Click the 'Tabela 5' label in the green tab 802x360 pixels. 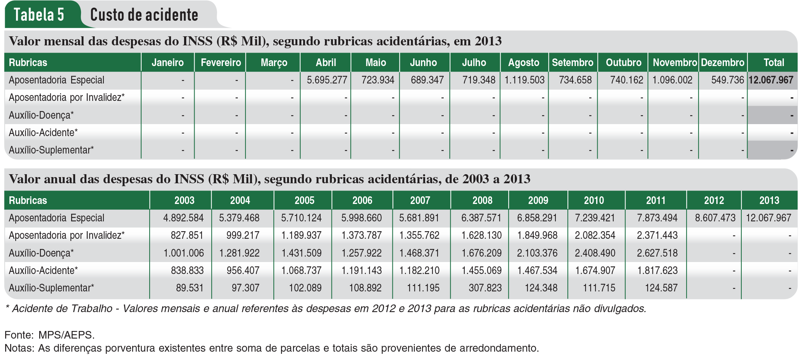pyautogui.click(x=39, y=15)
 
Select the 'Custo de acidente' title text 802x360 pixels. pyautogui.click(x=144, y=15)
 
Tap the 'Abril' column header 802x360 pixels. pyautogui.click(x=326, y=62)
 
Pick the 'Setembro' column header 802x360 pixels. pyautogui.click(x=573, y=62)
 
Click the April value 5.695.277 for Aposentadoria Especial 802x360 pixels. pyautogui.click(x=327, y=80)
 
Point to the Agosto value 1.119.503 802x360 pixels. pyautogui.click(x=524, y=80)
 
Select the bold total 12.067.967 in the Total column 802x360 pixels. pyautogui.click(x=771, y=80)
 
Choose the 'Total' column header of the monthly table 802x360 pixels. pyautogui.click(x=774, y=62)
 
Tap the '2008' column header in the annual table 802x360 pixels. pyautogui.click(x=482, y=200)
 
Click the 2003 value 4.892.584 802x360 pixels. pyautogui.click(x=183, y=218)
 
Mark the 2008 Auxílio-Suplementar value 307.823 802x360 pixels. pyautogui.click(x=485, y=288)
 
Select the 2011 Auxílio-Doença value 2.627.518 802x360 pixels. pyautogui.click(x=657, y=253)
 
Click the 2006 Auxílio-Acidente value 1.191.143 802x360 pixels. pyautogui.click(x=361, y=270)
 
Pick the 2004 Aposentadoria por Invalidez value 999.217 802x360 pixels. pyautogui.click(x=243, y=235)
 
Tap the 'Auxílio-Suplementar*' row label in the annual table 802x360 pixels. pyautogui.click(x=51, y=288)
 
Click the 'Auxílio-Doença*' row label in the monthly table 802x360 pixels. pyautogui.click(x=41, y=115)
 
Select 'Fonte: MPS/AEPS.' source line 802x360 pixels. pyautogui.click(x=49, y=335)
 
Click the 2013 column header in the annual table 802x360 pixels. pyautogui.click(x=769, y=200)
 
